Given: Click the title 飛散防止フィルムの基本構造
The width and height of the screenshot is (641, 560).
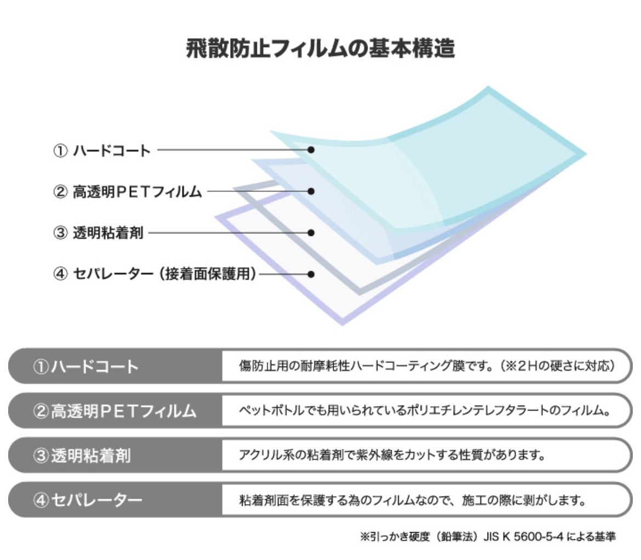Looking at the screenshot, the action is click(x=320, y=48).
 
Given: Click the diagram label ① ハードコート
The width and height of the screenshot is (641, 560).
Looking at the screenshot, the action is click(x=102, y=151).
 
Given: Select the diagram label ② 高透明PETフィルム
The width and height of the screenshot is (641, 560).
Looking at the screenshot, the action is click(x=128, y=192).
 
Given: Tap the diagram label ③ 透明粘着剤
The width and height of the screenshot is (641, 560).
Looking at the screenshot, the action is click(x=98, y=233).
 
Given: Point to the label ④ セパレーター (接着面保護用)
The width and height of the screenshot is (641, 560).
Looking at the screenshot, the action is click(x=155, y=274).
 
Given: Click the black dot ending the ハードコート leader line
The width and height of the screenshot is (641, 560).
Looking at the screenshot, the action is click(x=311, y=150).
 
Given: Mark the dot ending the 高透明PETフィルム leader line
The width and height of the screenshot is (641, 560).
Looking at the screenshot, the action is click(x=311, y=191).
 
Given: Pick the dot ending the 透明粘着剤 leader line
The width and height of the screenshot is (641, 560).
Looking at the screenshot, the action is click(x=311, y=233).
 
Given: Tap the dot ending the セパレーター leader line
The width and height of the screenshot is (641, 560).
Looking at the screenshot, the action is click(x=311, y=274).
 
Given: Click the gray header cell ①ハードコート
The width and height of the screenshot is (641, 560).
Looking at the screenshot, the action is click(x=115, y=366).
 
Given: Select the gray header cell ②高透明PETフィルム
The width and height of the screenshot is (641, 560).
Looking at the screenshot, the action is click(x=115, y=411).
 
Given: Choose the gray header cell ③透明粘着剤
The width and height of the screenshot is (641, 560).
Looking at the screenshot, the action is click(x=115, y=455).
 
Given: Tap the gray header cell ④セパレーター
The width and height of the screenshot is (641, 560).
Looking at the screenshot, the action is click(x=115, y=500).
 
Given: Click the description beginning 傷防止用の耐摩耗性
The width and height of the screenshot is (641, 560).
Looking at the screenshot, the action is click(x=427, y=366).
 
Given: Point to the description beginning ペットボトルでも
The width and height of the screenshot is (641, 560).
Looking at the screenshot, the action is click(x=425, y=410).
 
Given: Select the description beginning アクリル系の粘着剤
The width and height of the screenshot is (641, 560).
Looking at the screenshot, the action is click(x=392, y=454).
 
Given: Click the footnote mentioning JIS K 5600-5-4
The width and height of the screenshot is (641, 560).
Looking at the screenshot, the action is click(x=488, y=536).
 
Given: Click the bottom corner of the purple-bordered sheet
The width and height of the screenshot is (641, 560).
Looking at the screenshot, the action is click(x=342, y=325).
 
